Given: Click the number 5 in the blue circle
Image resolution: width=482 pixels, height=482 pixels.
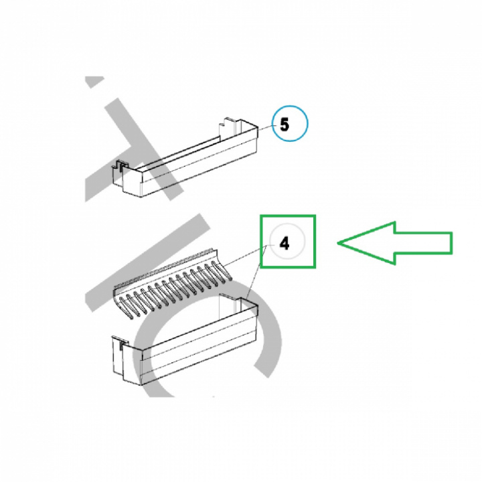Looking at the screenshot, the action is point(285,125).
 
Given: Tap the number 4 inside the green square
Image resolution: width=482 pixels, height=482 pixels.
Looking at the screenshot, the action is point(285,244).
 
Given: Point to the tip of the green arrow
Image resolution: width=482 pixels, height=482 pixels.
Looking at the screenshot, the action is point(338,243).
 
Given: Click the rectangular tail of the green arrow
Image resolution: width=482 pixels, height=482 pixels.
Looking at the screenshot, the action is point(423,243).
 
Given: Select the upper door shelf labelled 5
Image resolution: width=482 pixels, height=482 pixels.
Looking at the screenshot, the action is point(184,157).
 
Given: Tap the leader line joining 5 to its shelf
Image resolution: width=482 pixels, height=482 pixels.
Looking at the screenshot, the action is point(265,128).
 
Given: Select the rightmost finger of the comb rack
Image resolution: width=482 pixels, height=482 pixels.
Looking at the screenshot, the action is point(223,271).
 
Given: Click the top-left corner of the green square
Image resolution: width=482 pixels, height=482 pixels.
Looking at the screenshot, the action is point(260,216).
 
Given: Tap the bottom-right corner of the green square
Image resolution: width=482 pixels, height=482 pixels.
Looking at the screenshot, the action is point(315,267).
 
